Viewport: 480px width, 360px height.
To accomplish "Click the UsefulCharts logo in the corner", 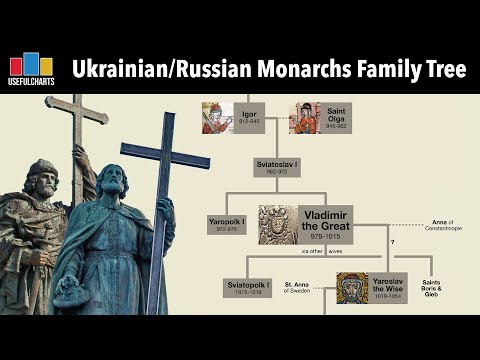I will [x=31, y=70].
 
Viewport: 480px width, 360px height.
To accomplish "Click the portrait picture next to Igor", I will [x=217, y=118].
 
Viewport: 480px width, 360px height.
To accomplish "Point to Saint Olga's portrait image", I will [x=305, y=118].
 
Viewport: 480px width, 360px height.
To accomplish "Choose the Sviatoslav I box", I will [x=277, y=165].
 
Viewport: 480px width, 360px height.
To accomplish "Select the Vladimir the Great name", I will [x=327, y=223].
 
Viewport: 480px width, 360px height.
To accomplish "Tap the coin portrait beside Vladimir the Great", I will [x=278, y=224].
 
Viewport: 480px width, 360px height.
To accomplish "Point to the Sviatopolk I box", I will [x=245, y=288].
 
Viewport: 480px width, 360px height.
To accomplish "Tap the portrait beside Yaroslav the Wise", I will [x=352, y=288].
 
